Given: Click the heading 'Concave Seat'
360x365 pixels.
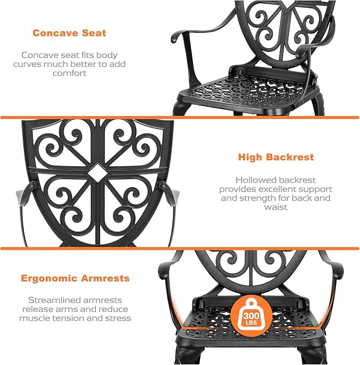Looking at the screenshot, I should (69, 33).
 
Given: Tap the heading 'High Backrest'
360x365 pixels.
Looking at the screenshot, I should (276, 157).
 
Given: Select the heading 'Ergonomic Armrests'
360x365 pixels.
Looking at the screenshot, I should (75, 278).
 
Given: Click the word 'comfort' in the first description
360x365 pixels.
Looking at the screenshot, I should (69, 73).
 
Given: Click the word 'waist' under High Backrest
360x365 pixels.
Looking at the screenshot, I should (276, 207).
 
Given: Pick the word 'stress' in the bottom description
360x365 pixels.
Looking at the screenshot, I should (118, 318).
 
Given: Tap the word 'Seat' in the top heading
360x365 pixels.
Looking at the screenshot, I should (93, 33).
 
